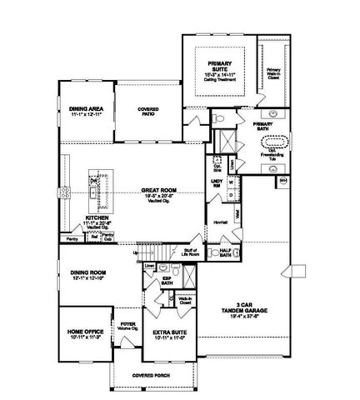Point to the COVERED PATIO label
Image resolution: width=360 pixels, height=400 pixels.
coord(148,112)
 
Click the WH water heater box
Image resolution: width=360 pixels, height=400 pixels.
coord(282,179)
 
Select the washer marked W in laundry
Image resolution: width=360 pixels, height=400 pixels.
coord(230,180)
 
